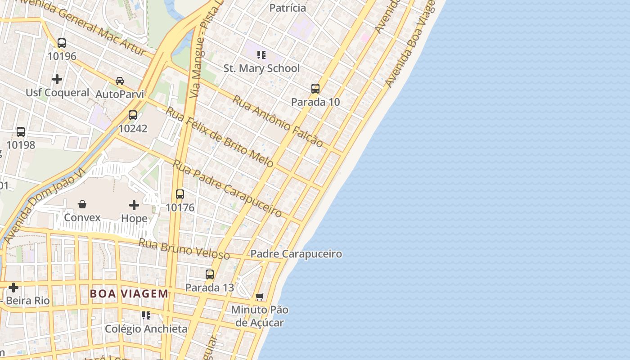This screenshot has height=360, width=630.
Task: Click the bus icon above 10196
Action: [62, 43]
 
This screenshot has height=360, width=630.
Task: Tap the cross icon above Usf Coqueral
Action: [57, 80]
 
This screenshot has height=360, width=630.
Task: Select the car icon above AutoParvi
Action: [120, 81]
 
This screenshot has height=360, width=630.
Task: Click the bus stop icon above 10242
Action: [133, 115]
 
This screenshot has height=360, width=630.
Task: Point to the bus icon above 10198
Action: [21, 132]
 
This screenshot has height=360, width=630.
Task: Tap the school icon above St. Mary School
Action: [261, 55]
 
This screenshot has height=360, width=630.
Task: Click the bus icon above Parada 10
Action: [315, 89]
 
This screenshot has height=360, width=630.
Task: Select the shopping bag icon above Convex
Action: [82, 205]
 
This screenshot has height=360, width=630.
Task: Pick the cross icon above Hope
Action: [134, 205]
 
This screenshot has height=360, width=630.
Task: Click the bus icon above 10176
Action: [180, 194]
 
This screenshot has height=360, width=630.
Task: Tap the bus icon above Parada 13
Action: [210, 274]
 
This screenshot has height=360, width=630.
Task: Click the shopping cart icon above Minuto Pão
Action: [259, 297]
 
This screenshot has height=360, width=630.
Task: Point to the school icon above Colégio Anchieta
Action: [146, 315]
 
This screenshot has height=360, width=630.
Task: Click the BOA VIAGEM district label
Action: [129, 294]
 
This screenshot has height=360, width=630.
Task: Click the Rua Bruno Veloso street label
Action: [184, 249]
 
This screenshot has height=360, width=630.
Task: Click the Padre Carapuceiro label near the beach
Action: [296, 254]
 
